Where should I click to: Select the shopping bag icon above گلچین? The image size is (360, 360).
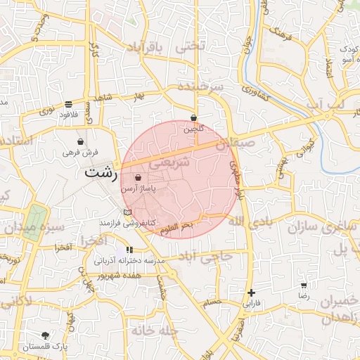coord(193,118)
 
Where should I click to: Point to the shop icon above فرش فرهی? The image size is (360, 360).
coord(81,141)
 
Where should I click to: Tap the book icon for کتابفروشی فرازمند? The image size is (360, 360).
coord(127,212)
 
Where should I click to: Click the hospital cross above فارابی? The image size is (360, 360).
coord(251,292)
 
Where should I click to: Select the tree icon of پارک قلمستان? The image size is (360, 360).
coord(46,335)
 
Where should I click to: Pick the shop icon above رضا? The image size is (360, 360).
coord(303,285)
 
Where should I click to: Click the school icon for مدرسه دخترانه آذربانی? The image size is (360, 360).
coord(129,250)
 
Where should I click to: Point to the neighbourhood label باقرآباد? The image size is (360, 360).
coord(145,47)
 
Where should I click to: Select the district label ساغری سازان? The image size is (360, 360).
coord(320,227)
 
